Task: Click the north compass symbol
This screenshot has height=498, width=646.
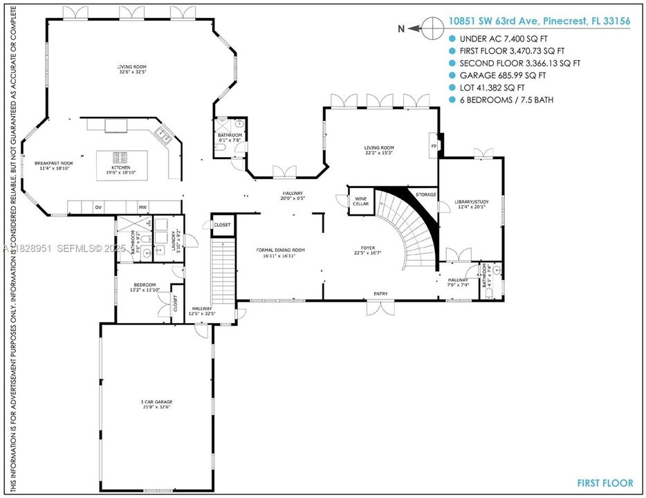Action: (x=432, y=28)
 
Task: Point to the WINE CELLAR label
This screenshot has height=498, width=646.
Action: (x=360, y=201)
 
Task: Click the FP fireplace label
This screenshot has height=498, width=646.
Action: (x=434, y=146)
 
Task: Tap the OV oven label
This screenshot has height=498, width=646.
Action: (x=98, y=207)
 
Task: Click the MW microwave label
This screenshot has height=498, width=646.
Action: (x=142, y=207)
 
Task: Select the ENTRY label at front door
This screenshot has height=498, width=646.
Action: (x=380, y=294)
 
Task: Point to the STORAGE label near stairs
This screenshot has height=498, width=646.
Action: (x=425, y=195)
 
